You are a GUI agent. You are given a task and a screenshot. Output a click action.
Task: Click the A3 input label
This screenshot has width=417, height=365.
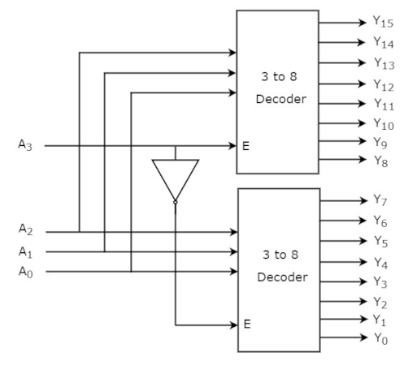coord(25,145)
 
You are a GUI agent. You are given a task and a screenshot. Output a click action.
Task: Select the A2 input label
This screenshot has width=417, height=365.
coord(25,230)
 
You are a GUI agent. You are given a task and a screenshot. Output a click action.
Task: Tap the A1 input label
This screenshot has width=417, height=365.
coord(25,252)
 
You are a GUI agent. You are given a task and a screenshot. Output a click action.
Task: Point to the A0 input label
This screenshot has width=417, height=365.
coord(25,272)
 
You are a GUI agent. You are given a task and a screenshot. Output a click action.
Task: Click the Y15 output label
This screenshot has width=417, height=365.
coord(383,22)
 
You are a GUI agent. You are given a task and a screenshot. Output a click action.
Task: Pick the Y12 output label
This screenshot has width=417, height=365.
coord(384,85)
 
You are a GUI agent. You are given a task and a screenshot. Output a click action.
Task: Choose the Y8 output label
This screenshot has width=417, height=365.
coord(380,161)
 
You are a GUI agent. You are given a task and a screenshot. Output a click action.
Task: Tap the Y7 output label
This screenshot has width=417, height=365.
coord(380,200)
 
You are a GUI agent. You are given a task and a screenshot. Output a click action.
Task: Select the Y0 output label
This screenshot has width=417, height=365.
coord(380,339)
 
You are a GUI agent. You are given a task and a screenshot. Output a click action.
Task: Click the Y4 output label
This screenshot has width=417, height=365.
coord(380,263)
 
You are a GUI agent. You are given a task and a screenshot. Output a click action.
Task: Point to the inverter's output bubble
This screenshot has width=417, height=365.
coord(176,202)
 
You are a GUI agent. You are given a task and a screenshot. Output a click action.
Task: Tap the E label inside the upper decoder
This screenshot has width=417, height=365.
coord(245,146)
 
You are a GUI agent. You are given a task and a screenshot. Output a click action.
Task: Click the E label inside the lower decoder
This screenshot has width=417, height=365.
coord(247,324)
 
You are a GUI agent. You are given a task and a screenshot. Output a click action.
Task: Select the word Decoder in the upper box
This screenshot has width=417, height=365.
coord(281,99)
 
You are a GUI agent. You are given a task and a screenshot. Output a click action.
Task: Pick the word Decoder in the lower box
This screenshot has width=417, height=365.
coord(282,277)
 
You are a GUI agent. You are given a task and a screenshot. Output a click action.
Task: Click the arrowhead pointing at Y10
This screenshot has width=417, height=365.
coord(362,123)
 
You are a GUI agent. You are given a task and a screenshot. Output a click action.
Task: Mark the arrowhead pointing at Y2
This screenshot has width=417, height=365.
coord(363,301)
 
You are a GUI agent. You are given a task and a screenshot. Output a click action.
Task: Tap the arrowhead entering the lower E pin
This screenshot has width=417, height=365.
coord(233,325)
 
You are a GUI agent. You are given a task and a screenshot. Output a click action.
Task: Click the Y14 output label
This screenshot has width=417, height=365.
coord(384,43)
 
